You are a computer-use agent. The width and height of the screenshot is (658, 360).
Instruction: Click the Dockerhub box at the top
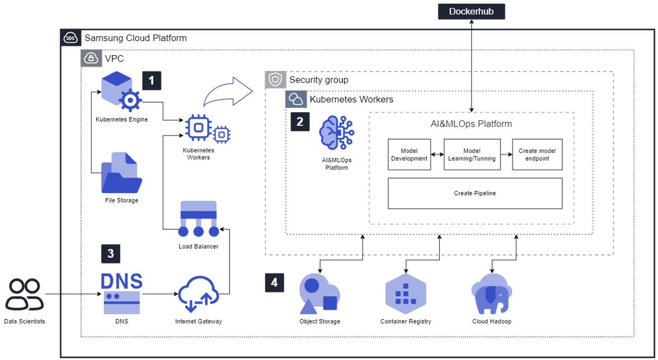coord(471,11)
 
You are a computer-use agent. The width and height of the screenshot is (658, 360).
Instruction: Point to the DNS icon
coord(121,294)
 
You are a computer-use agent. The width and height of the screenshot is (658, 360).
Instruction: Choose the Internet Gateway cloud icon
coord(198,294)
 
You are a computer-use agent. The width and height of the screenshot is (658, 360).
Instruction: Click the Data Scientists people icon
coord(25,294)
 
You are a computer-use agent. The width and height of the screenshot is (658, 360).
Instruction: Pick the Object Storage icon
coord(320,294)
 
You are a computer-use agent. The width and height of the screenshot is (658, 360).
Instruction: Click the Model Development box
coord(409,155)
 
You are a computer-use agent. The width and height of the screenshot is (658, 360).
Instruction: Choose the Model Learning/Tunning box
coord(473,155)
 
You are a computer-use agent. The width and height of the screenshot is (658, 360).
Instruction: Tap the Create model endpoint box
coord(537,155)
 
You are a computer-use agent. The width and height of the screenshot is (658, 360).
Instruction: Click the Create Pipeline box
coord(475,193)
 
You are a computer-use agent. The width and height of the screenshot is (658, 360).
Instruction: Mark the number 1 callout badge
coord(151,81)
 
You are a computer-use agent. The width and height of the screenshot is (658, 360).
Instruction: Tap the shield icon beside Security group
coord(275,80)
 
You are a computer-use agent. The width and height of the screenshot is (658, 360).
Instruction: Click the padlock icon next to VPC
coord(91,58)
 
